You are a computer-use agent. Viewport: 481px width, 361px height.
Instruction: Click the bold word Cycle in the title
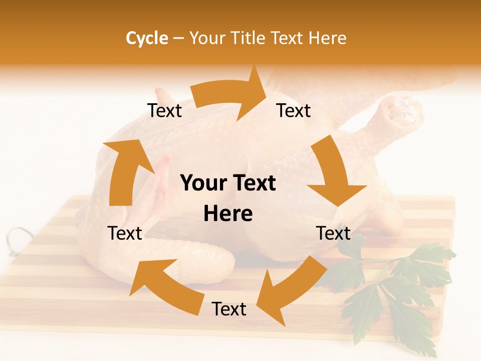point(147,38)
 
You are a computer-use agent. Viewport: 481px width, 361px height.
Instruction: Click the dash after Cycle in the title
point(178,39)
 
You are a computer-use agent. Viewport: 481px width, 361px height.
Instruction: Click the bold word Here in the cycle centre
point(228,214)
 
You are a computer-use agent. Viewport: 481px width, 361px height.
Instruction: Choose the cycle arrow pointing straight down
point(333,173)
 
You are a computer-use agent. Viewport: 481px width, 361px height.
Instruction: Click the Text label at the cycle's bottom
point(229,309)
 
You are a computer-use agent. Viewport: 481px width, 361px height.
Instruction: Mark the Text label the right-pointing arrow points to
point(294,110)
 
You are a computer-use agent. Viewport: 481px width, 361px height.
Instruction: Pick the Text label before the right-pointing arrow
point(164,110)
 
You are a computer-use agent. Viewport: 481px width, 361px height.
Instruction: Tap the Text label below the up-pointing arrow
point(125,233)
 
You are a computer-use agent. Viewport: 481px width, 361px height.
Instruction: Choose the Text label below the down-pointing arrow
point(333,233)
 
